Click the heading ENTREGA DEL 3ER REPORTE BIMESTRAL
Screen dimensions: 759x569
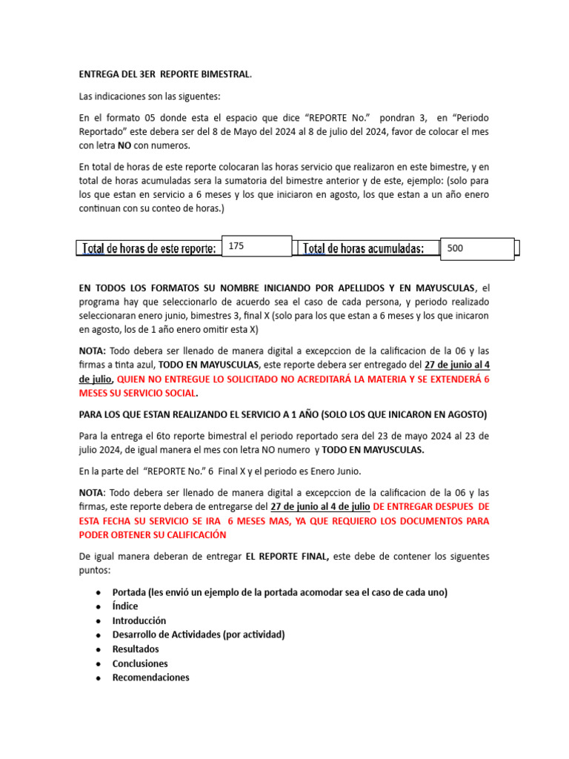click(x=165, y=74)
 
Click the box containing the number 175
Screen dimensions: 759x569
click(x=256, y=246)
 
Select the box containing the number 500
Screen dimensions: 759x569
click(x=476, y=249)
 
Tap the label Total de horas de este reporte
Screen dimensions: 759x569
click(x=149, y=249)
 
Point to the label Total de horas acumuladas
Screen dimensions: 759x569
click(x=364, y=249)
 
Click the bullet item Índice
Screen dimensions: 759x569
click(x=125, y=606)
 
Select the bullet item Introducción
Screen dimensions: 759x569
click(x=139, y=620)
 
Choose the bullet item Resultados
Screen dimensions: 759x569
click(x=136, y=649)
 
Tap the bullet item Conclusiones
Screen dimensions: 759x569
click(x=140, y=663)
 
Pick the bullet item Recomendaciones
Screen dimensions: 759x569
click(x=150, y=677)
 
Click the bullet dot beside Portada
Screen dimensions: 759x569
click(x=98, y=592)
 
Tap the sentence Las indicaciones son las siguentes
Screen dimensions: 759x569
click(x=150, y=96)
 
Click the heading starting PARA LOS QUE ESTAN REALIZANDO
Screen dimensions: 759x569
click(x=283, y=414)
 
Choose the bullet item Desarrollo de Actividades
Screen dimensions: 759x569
click(x=199, y=634)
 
